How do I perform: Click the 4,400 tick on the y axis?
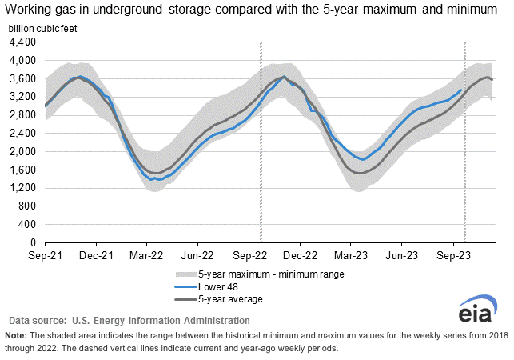tap(23, 42)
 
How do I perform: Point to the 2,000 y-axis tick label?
tap(23, 151)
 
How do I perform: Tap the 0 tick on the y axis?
tap(32, 242)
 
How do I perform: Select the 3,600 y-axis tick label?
tap(23, 78)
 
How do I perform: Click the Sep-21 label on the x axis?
tap(46, 256)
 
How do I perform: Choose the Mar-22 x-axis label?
tap(146, 256)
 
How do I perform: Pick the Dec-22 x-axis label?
tap(300, 256)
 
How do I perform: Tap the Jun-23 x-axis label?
tap(401, 256)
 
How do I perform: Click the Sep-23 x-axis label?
tap(452, 256)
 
